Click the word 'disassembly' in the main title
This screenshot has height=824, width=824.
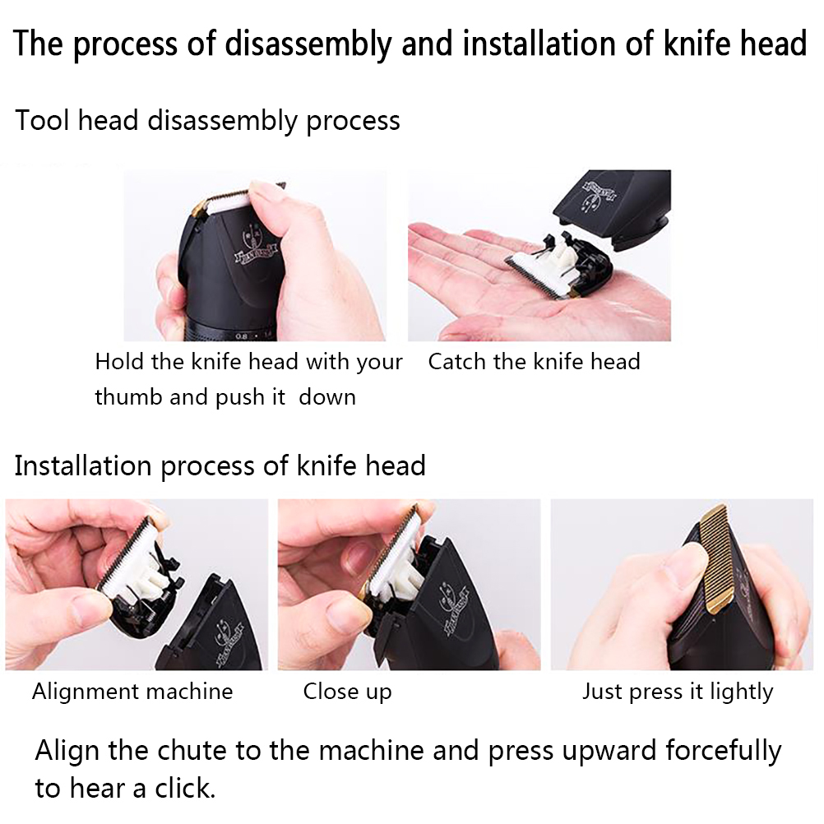308,44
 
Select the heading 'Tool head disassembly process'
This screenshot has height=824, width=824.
207,121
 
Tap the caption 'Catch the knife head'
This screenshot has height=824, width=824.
534,362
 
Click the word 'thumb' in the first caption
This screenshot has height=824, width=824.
128,396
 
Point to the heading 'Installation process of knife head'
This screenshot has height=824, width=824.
220,466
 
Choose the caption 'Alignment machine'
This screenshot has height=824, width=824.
132,691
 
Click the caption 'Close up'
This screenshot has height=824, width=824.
347,692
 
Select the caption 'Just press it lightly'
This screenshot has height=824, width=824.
678,692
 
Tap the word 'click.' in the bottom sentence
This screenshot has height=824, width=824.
185,789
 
